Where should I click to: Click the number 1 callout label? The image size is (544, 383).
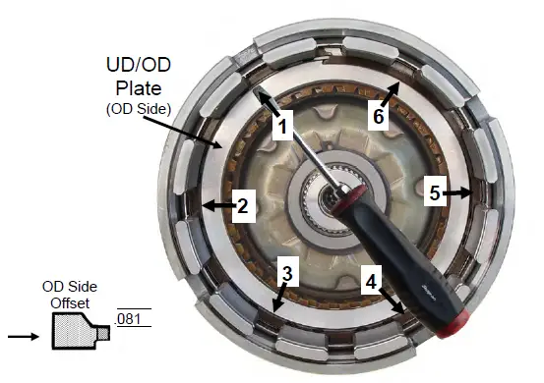[x=281, y=126]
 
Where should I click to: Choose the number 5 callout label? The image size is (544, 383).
[x=433, y=193]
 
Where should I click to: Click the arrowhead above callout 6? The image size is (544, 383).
[x=395, y=87]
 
